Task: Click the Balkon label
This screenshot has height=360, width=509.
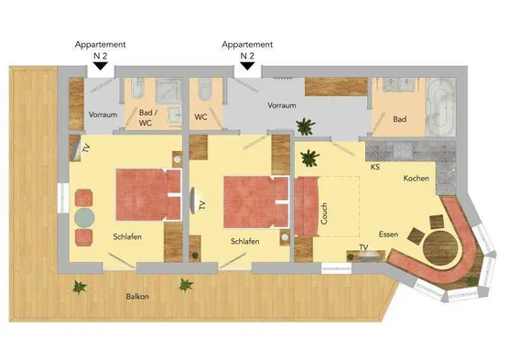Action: coord(137,296)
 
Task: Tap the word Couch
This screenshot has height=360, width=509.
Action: coord(324,213)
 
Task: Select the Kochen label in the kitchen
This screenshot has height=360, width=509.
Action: coord(417,178)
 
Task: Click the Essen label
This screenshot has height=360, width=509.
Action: coord(388,235)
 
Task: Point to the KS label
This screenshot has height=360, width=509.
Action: coord(375,167)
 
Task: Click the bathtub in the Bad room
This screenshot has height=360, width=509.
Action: coord(440,106)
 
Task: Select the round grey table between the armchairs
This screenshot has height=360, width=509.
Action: coord(84,218)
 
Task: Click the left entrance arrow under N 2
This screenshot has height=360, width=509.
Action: coord(101,66)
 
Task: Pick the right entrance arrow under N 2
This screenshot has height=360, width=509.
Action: coord(248,66)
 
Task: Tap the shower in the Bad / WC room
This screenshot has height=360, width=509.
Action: coord(168,91)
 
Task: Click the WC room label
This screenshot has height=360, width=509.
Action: coord(200,116)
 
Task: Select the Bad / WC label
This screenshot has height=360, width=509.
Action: coord(147,117)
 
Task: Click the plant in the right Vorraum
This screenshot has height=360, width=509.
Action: coord(305,126)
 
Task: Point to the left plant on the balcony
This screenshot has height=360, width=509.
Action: coord(80,287)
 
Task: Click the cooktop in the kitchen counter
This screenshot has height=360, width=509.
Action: coord(403,150)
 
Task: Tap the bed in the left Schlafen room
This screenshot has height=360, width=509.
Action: coord(148,194)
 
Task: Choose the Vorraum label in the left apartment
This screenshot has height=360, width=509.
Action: coord(103,115)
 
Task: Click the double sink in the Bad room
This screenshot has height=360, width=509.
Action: coord(398,85)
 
